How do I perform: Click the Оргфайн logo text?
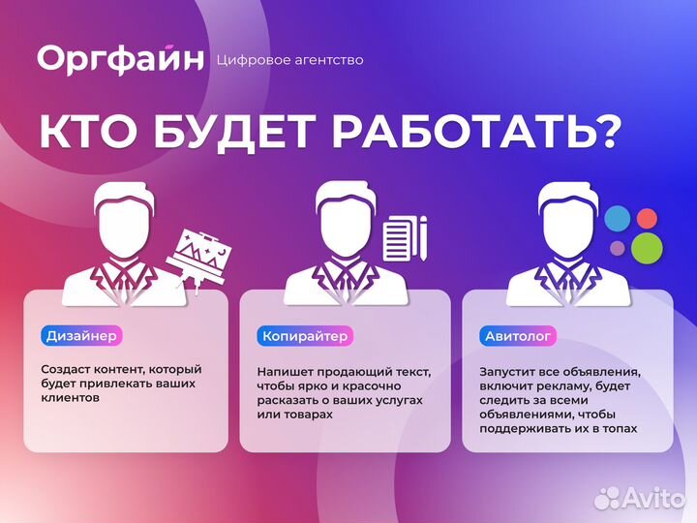[x=120, y=58]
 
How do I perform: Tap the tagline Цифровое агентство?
[x=291, y=60]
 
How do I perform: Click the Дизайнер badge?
[x=82, y=336]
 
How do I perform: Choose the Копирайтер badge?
[x=305, y=336]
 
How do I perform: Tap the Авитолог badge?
[x=518, y=336]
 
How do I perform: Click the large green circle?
[x=647, y=247]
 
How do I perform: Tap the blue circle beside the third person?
[x=617, y=219]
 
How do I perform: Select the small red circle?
[x=646, y=217]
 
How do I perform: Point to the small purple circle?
[x=618, y=248]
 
